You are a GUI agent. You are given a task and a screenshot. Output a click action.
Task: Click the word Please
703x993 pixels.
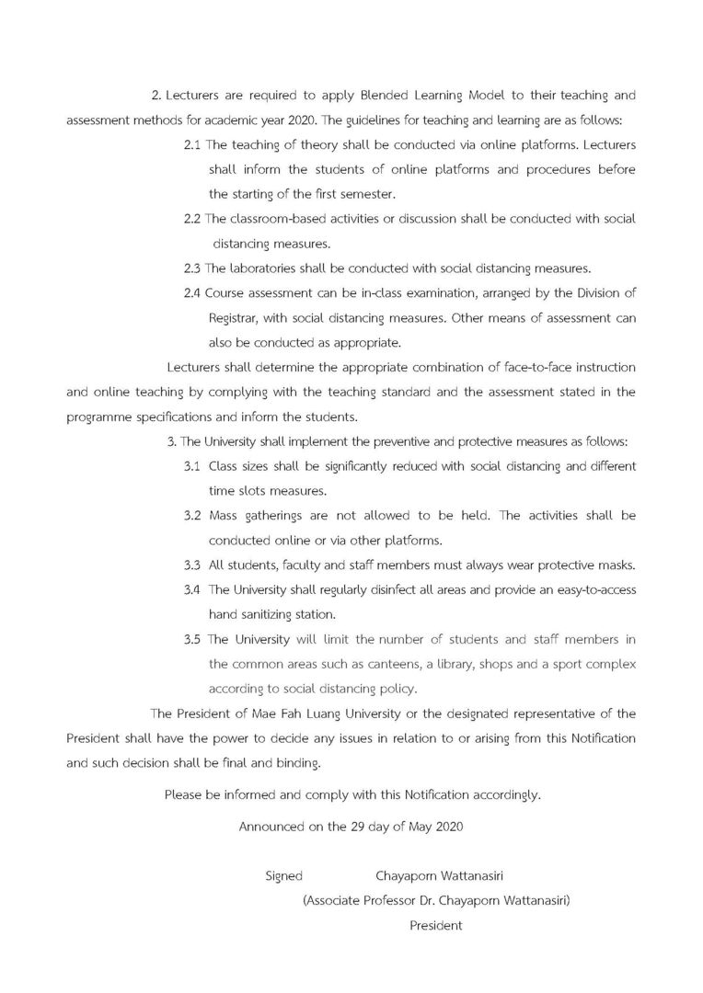coord(183,794)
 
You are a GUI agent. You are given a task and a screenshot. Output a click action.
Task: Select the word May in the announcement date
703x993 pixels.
coord(416,826)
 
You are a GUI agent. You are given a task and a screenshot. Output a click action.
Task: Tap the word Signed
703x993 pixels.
coord(283,876)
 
